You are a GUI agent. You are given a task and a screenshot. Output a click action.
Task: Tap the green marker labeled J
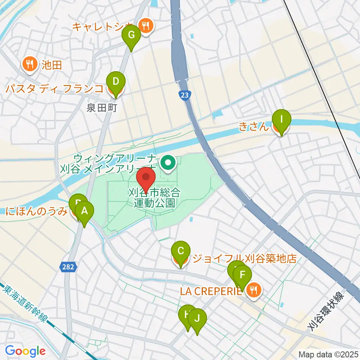pyautogui.click(x=197, y=319)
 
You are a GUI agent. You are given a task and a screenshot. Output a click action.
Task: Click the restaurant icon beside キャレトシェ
pyautogui.click(x=144, y=26)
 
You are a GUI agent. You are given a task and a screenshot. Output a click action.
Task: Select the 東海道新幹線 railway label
pyautogui.click(x=24, y=303)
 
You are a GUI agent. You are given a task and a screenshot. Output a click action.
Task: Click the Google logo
pyautogui.click(x=25, y=351)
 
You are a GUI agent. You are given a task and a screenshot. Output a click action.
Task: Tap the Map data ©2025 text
pyautogui.click(x=328, y=354)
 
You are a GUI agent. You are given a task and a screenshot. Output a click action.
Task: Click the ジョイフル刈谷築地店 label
pyautogui.click(x=244, y=258)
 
